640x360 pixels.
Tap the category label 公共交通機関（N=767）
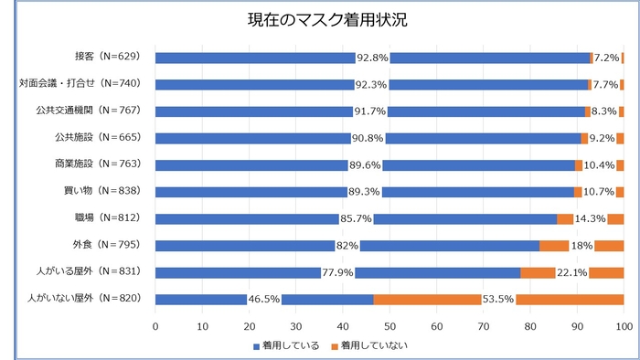91,111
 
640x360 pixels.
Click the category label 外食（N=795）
106,245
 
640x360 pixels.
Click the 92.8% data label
372,58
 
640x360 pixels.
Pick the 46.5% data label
264,299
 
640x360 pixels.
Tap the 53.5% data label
499,299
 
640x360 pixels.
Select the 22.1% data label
571,272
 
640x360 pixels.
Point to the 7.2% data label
606,58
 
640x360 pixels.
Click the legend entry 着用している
286,344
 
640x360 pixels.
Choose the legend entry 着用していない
368,344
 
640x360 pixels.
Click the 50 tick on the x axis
390,324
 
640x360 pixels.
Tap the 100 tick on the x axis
624,324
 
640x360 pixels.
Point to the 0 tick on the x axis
156,324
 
